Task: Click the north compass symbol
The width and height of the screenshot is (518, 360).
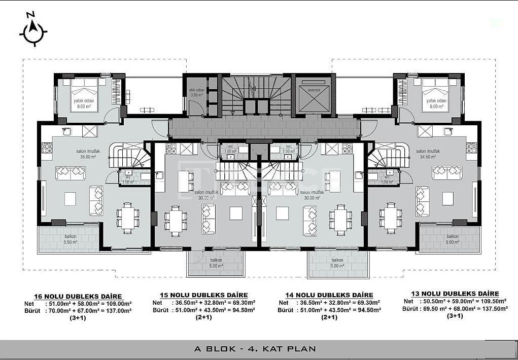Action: [33, 32]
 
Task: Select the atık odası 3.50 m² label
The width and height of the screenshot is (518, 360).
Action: [196, 92]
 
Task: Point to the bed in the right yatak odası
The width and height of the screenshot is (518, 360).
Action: [435, 90]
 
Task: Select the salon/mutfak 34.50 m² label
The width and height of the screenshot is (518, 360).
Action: [428, 154]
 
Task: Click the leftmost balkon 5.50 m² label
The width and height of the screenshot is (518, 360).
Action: [71, 239]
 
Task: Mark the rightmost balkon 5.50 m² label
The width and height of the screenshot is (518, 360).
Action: [453, 239]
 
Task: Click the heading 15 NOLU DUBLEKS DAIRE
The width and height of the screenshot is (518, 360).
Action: [203, 295]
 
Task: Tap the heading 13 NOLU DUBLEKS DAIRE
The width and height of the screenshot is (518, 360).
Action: [455, 294]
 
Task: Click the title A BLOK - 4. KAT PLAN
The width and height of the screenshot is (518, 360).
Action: [255, 348]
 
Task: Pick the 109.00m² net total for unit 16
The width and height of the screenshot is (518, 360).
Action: [116, 304]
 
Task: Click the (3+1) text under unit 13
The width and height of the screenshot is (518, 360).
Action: [455, 316]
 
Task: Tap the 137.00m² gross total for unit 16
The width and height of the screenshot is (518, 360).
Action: [116, 311]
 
